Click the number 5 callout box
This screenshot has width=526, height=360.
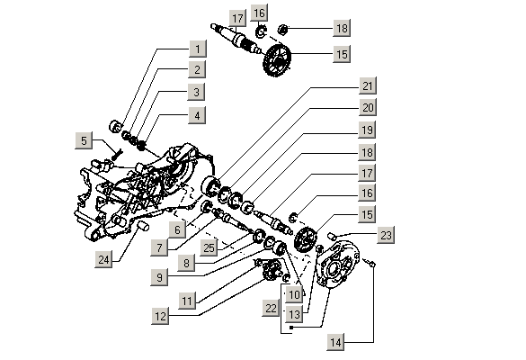84,140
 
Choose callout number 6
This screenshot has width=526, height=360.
177,229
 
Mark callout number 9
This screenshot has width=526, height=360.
159,278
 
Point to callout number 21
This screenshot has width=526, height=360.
367,85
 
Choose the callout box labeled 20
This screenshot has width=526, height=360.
367,108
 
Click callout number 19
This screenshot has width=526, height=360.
367,130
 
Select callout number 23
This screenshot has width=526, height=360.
386,236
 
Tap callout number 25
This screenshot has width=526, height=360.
209,247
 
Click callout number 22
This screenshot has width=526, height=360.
272,309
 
